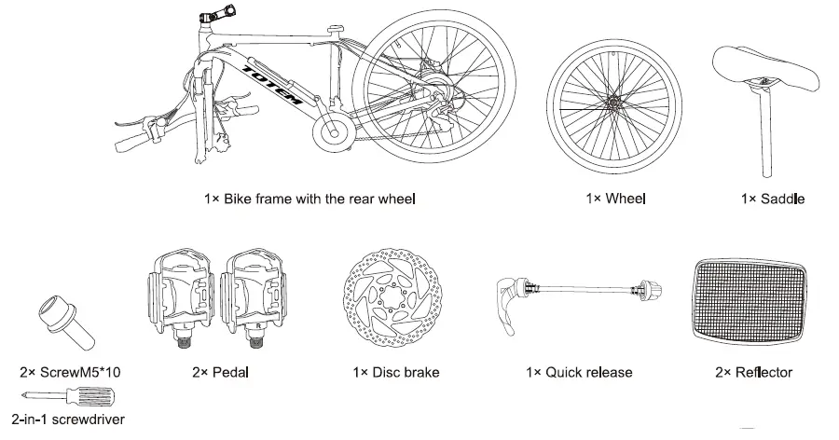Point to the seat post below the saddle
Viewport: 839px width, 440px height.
[765, 131]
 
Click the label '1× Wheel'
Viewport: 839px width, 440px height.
[615, 198]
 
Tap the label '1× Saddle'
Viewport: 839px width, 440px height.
[772, 198]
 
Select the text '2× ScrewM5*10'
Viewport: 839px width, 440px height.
[70, 372]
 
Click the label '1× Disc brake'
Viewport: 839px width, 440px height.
[395, 372]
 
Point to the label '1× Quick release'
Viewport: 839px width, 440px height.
[579, 372]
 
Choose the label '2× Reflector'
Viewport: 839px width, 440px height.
[753, 372]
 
